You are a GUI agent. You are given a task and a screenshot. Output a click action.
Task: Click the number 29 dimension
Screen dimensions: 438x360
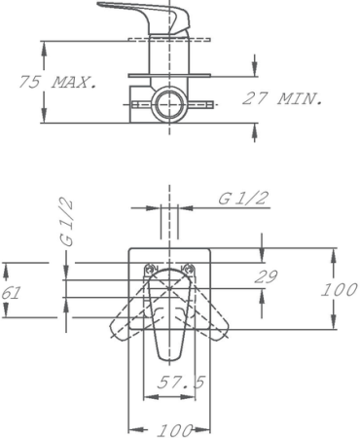pyautogui.click(x=265, y=276)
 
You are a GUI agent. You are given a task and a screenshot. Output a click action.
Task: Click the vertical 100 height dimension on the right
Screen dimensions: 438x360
pyautogui.click(x=340, y=290)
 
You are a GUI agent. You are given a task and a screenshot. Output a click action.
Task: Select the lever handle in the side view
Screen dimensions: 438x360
pyautogui.click(x=141, y=14)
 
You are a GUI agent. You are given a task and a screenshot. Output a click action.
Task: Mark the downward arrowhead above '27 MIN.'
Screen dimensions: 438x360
pyautogui.click(x=255, y=69)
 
